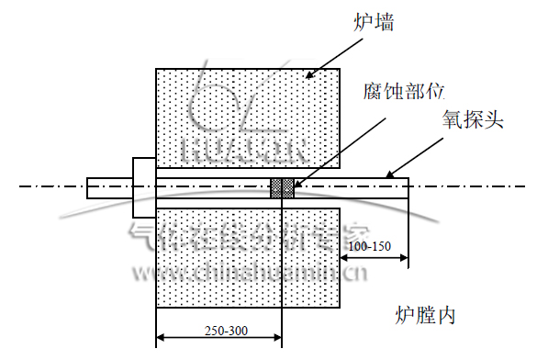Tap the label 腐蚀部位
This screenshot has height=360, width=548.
pyautogui.click(x=404, y=92)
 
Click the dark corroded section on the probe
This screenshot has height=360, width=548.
pyautogui.click(x=282, y=187)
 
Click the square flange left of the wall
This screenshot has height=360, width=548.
pyautogui.click(x=145, y=187)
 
